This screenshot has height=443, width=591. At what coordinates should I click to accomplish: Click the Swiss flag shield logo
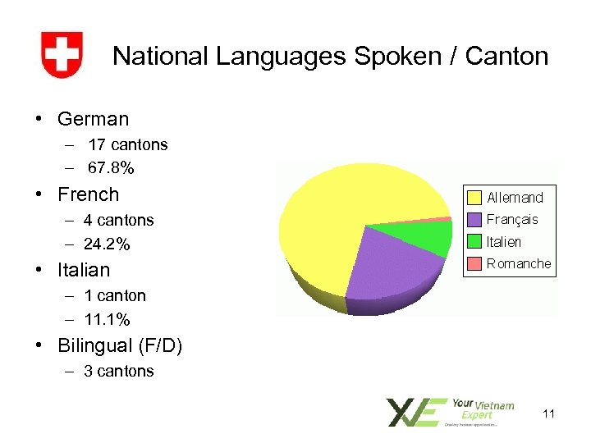(62, 55)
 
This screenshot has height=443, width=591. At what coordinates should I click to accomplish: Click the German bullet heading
(93, 119)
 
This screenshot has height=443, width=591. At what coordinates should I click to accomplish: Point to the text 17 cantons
(128, 144)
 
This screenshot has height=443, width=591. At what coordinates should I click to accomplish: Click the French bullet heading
(88, 194)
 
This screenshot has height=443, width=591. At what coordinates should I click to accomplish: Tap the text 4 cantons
(118, 220)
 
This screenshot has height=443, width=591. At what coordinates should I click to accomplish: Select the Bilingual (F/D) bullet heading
(120, 345)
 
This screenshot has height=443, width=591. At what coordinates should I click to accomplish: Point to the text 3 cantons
(118, 371)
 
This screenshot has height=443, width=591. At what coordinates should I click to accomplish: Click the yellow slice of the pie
(345, 213)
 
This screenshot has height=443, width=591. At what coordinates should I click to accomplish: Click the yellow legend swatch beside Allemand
(474, 197)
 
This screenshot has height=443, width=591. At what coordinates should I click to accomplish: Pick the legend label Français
(512, 219)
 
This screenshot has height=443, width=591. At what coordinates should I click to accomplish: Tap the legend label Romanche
(519, 263)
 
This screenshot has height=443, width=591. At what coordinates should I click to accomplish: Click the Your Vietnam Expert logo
(451, 412)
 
